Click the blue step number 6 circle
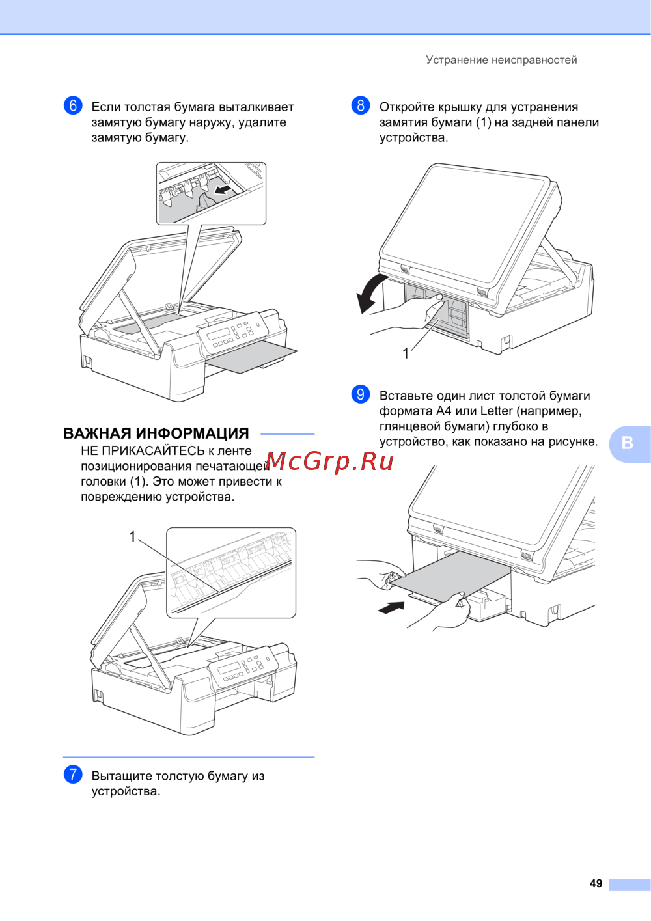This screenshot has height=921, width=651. pyautogui.click(x=73, y=106)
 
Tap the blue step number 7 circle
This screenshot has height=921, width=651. pyautogui.click(x=73, y=775)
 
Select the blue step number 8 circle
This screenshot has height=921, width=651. pyautogui.click(x=361, y=106)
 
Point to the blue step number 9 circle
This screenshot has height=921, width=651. pyautogui.click(x=361, y=394)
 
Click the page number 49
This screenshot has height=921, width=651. pyautogui.click(x=596, y=883)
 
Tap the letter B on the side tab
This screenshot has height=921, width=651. pyautogui.click(x=628, y=443)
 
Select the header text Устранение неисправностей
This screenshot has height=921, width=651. pyautogui.click(x=501, y=60)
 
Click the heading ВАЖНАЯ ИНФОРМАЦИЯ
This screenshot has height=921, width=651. pyautogui.click(x=156, y=433)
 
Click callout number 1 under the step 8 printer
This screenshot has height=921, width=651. pyautogui.click(x=406, y=353)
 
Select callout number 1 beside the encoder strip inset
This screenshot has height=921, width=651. pyautogui.click(x=132, y=536)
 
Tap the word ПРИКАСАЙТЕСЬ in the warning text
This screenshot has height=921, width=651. pyautogui.click(x=153, y=451)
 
